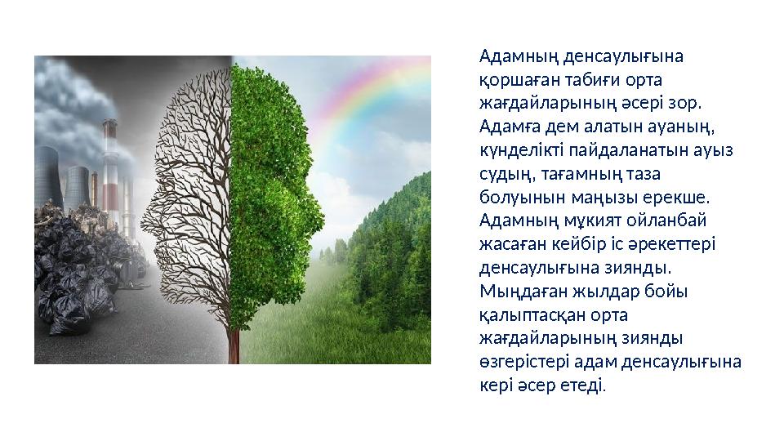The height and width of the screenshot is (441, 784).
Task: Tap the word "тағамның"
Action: point(594,175)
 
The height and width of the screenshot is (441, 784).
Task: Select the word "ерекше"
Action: point(683,198)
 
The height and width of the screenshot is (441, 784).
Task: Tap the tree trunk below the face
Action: point(234,343)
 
